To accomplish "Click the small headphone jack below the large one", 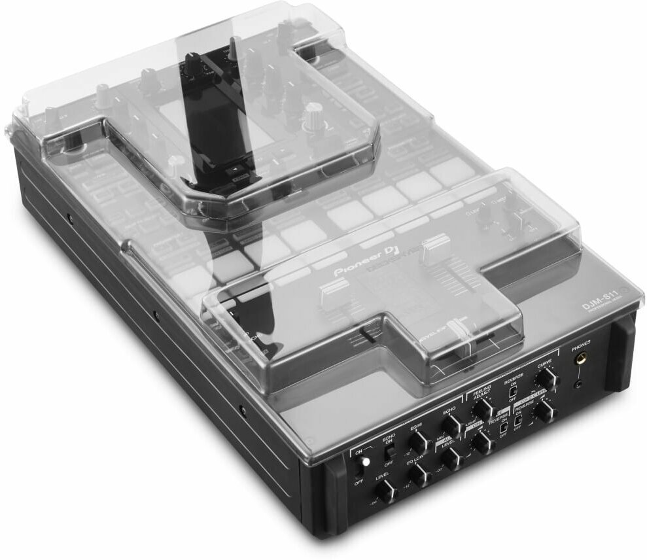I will [x=578, y=384].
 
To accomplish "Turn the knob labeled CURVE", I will [x=545, y=379].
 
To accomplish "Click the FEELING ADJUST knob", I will [x=481, y=410].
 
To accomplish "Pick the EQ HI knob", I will [x=417, y=445].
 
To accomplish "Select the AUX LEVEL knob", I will [x=452, y=459].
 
